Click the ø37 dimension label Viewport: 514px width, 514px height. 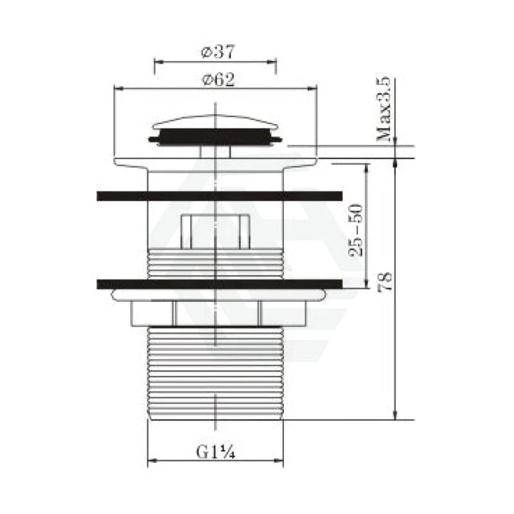tap(218, 52)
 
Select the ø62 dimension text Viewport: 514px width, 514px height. tap(218, 80)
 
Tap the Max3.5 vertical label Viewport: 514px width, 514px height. tap(384, 109)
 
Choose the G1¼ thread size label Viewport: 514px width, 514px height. tap(215, 452)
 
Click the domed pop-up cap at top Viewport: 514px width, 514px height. tap(215, 122)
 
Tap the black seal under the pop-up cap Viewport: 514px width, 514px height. tap(215, 137)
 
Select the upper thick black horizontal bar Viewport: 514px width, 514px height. tap(220, 196)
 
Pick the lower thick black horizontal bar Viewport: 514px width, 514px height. tap(220, 284)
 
